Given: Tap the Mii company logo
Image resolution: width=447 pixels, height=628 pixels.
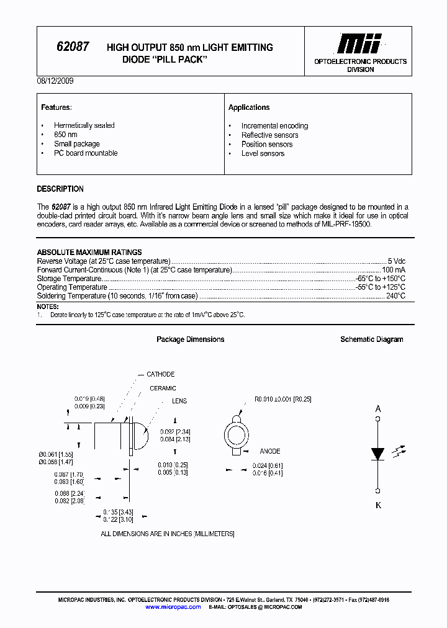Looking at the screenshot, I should (360, 44).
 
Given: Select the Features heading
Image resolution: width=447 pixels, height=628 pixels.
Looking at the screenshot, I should (56, 107).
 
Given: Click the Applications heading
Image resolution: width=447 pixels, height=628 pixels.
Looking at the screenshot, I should (249, 107).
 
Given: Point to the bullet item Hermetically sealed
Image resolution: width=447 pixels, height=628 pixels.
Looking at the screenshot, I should (84, 125).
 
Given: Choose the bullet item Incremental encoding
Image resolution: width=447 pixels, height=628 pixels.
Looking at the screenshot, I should (274, 125).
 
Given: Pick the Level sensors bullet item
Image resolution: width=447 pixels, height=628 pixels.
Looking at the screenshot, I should (263, 153).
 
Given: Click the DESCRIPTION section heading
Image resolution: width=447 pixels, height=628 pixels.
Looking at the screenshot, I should (60, 189).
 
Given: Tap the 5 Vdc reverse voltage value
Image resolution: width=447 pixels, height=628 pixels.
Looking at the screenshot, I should (396, 261).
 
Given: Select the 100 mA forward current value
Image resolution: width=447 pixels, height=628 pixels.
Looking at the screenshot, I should (394, 270).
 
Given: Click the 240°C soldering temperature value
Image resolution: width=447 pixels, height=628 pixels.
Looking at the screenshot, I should (395, 296).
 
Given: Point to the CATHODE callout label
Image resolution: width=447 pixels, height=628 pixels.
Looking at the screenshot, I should (160, 374).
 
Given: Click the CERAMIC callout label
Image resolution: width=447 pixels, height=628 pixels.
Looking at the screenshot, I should (163, 388).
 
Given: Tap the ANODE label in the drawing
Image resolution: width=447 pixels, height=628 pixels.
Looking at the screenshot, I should (270, 451).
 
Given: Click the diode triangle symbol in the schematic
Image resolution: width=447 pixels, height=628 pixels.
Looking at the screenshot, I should (377, 454).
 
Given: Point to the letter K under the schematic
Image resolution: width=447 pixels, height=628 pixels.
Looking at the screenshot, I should (378, 505).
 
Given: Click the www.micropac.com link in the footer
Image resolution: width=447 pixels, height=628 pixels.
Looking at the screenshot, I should (173, 607).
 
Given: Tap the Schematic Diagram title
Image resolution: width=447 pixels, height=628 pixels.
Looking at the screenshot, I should (371, 339).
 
